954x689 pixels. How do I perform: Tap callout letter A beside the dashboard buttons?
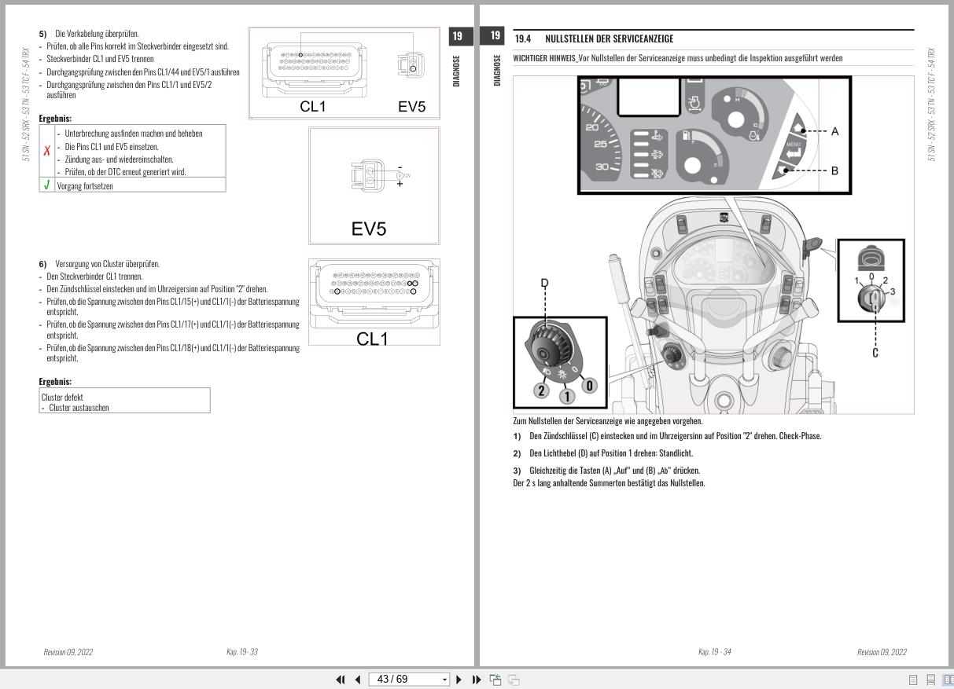834,131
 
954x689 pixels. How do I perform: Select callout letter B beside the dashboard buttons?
834,170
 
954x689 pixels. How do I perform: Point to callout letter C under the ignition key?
875,353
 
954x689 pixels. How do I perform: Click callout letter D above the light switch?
544,283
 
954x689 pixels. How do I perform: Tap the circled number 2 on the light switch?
540,390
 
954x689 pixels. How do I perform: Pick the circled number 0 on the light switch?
590,386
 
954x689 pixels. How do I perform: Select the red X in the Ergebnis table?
46,152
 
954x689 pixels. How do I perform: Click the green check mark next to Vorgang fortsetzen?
46,185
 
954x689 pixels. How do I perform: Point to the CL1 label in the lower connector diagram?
372,339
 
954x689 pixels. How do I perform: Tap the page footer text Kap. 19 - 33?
241,652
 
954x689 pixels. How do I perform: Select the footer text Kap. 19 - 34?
714,652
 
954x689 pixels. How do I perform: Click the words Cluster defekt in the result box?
62,397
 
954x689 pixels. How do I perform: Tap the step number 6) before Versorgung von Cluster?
42,264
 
